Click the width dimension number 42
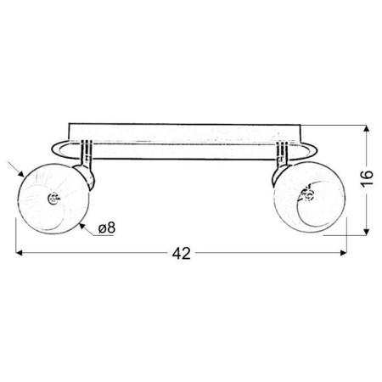click(182, 253)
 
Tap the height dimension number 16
click(367, 178)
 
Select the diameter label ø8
click(107, 228)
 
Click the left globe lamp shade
click(53, 198)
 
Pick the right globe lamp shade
click(310, 197)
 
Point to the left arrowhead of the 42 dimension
click(19, 253)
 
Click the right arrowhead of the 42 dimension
click(344, 253)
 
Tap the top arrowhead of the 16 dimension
click(367, 128)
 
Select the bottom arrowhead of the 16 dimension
click(367, 232)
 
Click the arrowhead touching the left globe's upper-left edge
click(21, 174)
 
